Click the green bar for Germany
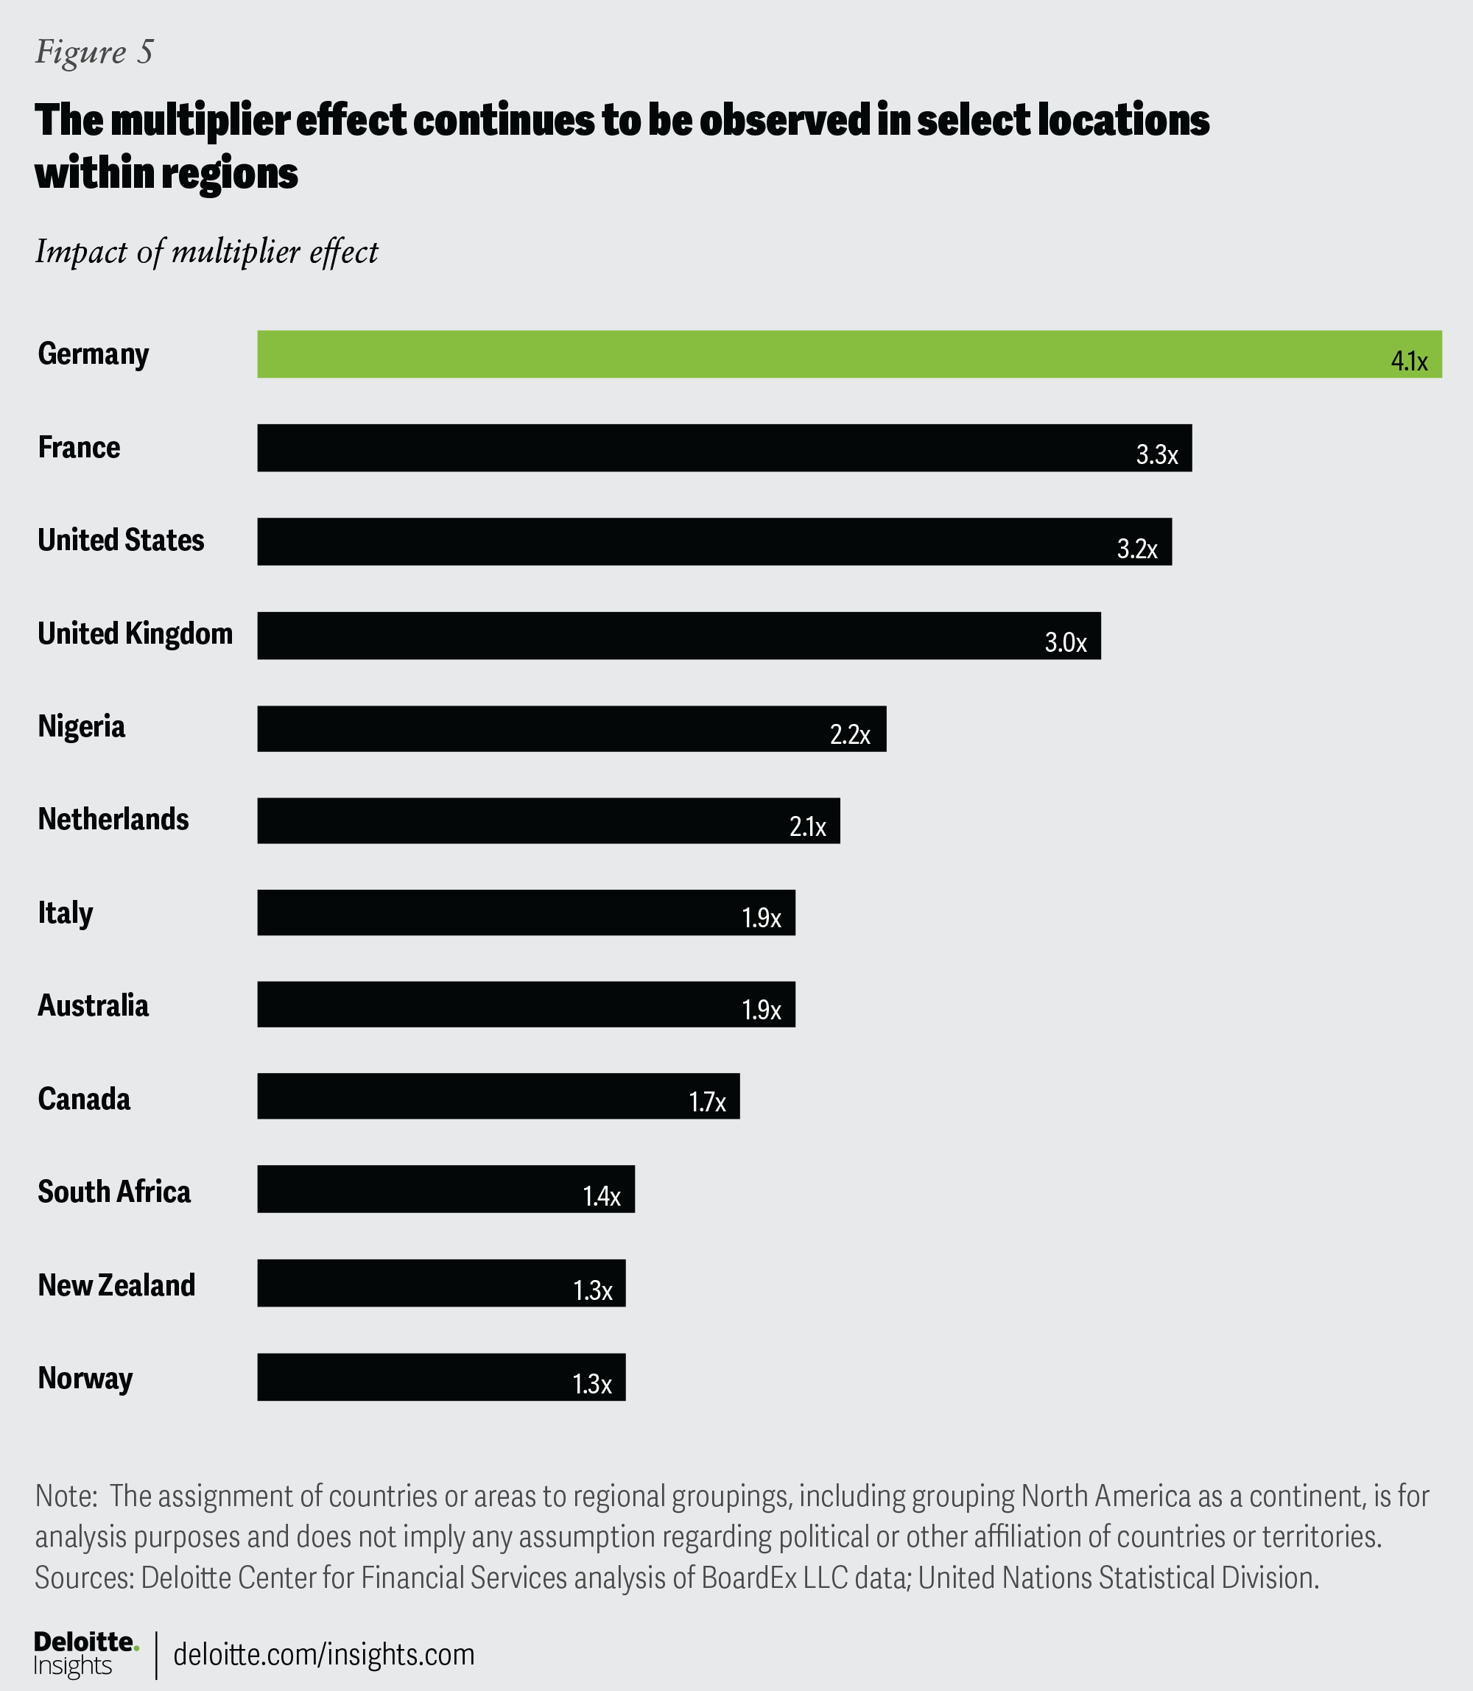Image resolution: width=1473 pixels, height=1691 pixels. tap(822, 354)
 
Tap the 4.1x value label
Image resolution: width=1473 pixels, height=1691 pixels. tap(1409, 362)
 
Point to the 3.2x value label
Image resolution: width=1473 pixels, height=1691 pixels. tap(1137, 549)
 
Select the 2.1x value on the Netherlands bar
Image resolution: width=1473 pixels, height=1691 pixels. tap(807, 827)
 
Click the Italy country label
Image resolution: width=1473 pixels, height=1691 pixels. tap(66, 913)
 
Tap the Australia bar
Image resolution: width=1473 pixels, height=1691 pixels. tap(526, 1004)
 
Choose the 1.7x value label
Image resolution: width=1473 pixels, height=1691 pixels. tap(707, 1103)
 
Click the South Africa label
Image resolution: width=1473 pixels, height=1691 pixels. tap(114, 1192)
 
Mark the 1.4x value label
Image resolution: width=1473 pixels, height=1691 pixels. tap(602, 1197)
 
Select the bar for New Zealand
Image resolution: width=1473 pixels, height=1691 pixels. tap(440, 1283)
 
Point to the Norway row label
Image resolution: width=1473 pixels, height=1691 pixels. tap(85, 1379)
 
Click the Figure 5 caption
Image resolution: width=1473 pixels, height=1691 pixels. tap(94, 52)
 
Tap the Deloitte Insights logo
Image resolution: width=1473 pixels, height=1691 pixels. tap(85, 1653)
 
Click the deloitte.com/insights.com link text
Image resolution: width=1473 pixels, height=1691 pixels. tap(324, 1654)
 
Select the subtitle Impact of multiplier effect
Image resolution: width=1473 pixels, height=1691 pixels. tap(206, 253)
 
